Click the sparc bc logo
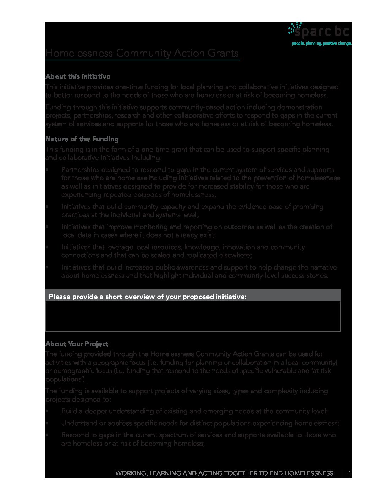(319, 31)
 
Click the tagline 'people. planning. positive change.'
(321, 43)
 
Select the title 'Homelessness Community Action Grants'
(142, 53)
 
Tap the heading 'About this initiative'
(78, 77)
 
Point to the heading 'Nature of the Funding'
(82, 139)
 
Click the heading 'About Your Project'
(77, 344)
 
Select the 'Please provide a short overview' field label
(147, 297)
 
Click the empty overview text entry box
(193, 316)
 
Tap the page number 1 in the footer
(349, 473)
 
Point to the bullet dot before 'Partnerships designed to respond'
(47, 170)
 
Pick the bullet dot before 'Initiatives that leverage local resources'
(47, 247)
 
